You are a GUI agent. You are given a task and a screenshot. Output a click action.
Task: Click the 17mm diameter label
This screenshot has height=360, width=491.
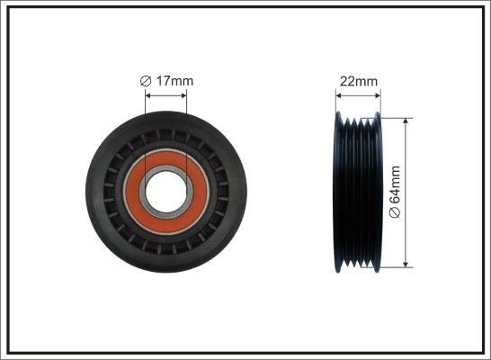(167, 82)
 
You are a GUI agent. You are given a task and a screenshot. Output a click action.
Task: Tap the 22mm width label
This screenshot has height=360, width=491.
(358, 82)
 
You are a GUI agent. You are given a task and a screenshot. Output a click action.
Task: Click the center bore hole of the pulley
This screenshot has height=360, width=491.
(165, 191)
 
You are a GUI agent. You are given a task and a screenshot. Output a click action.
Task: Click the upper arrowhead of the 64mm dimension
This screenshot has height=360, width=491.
(407, 118)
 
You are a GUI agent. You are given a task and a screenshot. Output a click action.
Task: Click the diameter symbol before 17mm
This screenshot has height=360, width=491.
(146, 82)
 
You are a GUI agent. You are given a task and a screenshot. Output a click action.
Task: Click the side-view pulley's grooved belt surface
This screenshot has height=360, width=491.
(357, 191)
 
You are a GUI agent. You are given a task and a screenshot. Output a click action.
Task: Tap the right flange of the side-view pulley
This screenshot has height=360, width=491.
(378, 191)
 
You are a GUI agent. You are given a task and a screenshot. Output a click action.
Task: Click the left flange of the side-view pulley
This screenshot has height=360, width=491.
(336, 191)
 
